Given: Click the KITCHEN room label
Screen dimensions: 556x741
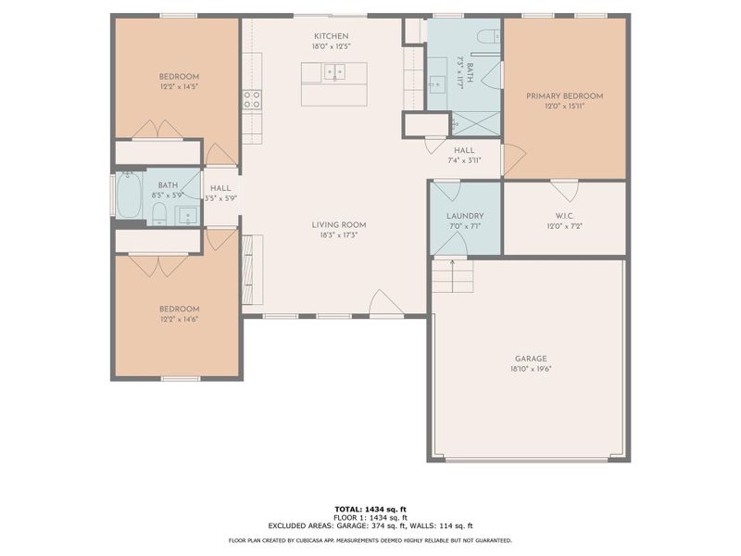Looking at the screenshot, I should click(331, 35).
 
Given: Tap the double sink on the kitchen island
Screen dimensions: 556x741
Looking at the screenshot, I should click(333, 70).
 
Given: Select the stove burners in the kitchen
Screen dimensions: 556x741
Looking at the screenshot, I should click(251, 99).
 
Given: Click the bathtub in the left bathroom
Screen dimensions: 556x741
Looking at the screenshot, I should click(129, 196).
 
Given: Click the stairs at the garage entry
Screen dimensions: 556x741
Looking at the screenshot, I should click(452, 274).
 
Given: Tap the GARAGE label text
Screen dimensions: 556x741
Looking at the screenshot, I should click(531, 359).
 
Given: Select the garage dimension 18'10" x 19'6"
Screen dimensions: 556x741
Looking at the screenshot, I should click(531, 369).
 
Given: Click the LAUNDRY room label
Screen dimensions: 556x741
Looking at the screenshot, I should click(465, 216).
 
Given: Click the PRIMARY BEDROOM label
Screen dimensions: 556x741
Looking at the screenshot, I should click(564, 95).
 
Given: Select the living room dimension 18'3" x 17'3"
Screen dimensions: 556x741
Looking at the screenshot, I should click(337, 235).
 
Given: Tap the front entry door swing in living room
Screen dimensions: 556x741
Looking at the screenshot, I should click(385, 303).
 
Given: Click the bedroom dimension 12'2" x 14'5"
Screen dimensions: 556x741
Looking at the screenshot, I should click(178, 87).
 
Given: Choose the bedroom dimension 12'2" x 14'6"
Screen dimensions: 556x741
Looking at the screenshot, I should click(178, 320).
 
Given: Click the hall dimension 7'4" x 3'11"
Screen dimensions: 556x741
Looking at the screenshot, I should click(464, 160).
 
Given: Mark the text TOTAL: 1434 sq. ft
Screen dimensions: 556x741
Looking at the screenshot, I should click(370, 510).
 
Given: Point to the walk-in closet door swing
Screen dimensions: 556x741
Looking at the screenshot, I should click(564, 190).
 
